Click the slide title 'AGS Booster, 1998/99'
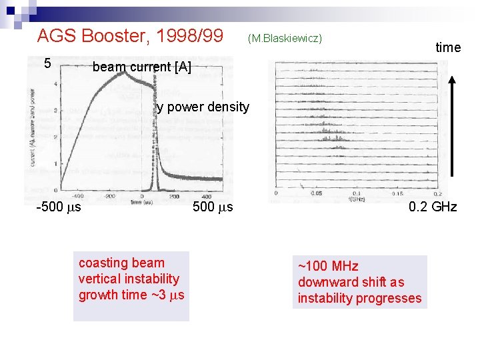point(130,35)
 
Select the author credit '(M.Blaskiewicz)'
point(285,38)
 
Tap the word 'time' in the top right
point(448,47)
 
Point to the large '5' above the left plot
point(47,64)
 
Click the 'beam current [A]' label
point(141,67)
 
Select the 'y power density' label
point(203,107)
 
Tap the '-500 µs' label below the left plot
point(59,207)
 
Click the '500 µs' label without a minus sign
point(213,207)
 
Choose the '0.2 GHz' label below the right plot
point(433,207)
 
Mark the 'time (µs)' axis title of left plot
point(142,201)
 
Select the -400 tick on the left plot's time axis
point(77,196)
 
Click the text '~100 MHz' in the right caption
point(328,267)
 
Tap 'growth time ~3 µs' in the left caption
point(131,295)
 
